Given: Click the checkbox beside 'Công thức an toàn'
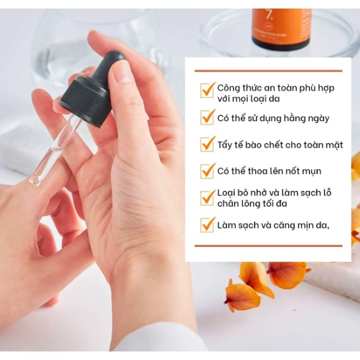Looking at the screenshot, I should point(208,90).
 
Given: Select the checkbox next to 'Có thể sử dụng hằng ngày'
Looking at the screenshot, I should point(208,118).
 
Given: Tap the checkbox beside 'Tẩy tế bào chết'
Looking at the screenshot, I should point(208,144).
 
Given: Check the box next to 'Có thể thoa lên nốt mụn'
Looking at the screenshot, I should point(208,171).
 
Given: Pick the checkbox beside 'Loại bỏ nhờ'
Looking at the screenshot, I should point(208,196).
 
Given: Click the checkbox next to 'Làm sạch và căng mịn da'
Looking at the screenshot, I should point(208,225).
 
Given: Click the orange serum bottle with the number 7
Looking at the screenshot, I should point(281,29).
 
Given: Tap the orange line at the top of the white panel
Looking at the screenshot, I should point(269,70).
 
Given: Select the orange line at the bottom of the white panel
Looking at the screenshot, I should point(269,246).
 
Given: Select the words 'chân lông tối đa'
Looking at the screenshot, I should point(257,204).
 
